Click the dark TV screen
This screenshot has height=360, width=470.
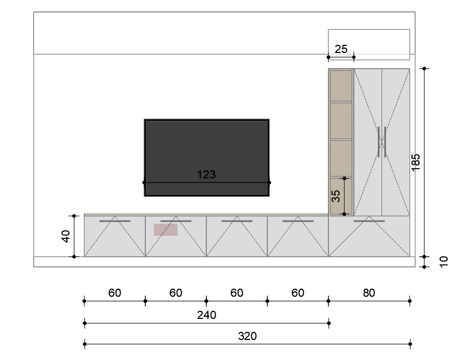point(206,158)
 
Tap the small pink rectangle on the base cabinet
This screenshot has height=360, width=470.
point(165,230)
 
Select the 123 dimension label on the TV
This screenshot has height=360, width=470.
point(206,174)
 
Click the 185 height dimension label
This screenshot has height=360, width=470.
point(416,163)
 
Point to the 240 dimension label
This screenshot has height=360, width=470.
point(206,315)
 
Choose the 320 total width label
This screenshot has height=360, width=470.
point(247,336)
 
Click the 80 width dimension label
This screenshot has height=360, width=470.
point(368,293)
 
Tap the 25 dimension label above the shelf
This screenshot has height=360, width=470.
point(341,49)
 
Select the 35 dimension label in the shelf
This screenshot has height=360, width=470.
point(336,196)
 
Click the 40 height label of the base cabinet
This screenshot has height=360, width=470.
point(66,236)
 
